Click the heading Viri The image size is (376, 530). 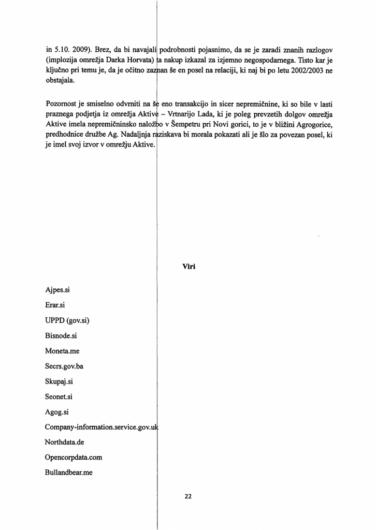coord(189,267)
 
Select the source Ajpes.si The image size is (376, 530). coord(57,290)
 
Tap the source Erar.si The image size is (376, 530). coord(55,305)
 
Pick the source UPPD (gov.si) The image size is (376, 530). coord(67,320)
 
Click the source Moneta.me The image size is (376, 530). coord(62,351)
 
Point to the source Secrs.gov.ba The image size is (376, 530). coord(64,366)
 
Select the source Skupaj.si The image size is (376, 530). coord(58,381)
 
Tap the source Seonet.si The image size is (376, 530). coord(59,397)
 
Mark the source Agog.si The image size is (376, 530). coord(57,413)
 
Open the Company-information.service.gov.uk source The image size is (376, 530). coord(102,428)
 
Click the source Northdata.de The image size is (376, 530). coord(64,443)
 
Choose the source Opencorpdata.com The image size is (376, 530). coord(74,458)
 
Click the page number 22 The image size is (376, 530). coord(188,496)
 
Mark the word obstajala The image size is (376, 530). coord(61,81)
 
